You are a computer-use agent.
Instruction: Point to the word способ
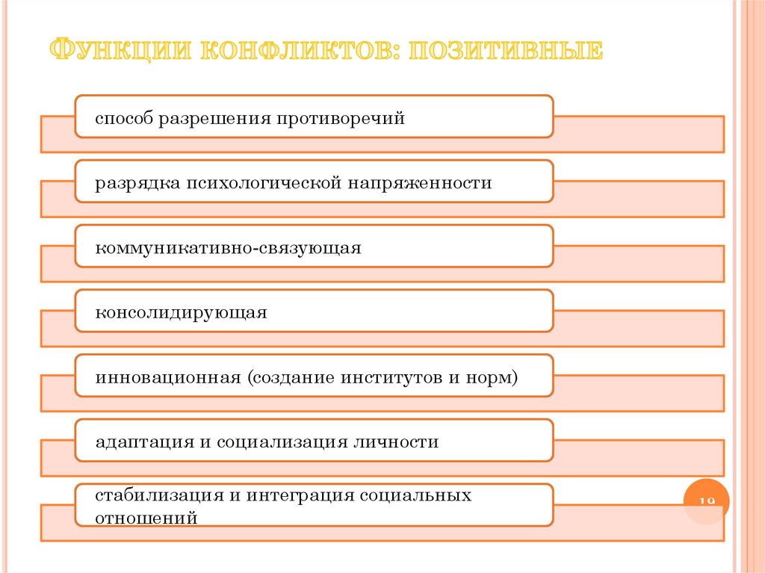(x=123, y=119)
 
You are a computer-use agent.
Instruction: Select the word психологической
(x=264, y=183)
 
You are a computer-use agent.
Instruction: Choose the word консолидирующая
(x=181, y=312)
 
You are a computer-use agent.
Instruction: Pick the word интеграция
(x=297, y=496)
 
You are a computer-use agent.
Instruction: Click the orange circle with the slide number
(x=706, y=502)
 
